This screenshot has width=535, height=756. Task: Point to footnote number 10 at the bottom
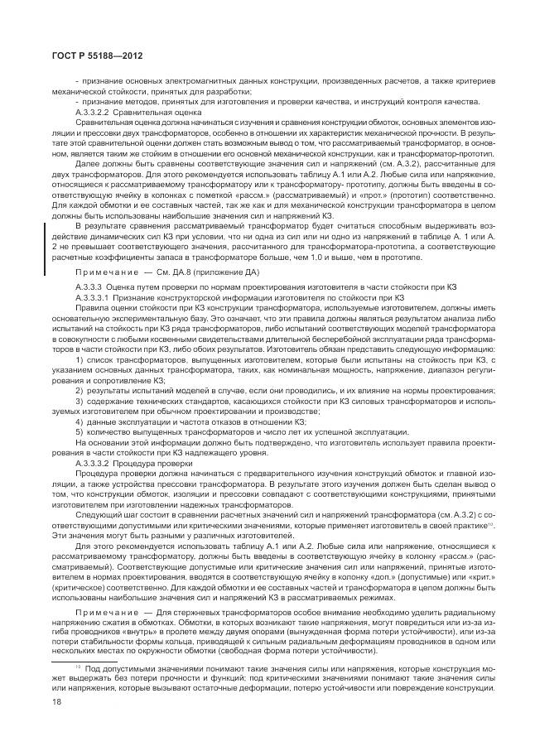[78, 665]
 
